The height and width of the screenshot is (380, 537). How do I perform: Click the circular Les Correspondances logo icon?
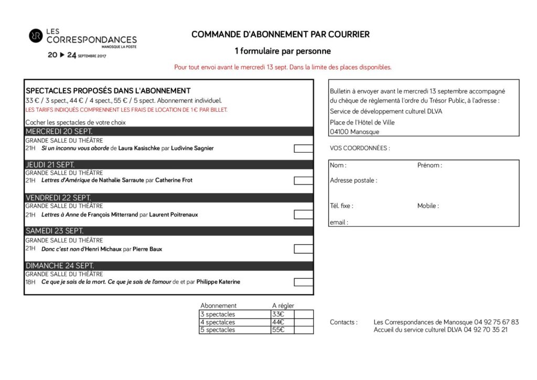[x=36, y=36]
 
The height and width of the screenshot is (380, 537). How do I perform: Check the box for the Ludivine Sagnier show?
[x=303, y=149]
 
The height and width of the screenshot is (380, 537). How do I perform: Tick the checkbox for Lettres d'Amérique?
[x=303, y=181]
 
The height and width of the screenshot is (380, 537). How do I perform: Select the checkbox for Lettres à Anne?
[x=303, y=215]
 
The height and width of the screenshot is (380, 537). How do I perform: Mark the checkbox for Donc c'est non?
[x=303, y=249]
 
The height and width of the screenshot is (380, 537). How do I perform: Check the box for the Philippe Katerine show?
[x=303, y=282]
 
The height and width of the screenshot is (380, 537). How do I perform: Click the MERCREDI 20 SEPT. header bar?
[x=168, y=131]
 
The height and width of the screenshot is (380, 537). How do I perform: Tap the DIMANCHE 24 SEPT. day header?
[x=168, y=266]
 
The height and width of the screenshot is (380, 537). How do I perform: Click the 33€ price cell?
[x=278, y=314]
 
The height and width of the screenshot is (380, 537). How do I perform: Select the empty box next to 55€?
[x=304, y=330]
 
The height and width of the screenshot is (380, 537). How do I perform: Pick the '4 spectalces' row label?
[x=218, y=322]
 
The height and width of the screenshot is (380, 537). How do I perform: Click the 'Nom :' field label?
[x=338, y=165]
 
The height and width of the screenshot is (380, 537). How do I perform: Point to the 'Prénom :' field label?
[x=429, y=165]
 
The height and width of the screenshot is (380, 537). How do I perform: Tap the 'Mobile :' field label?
[x=428, y=206]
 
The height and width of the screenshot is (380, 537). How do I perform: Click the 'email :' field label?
[x=339, y=223]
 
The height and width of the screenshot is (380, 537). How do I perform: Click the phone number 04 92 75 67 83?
[x=496, y=322]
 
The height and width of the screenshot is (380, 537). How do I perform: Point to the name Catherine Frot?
[x=174, y=181]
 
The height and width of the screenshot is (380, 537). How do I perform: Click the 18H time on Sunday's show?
[x=30, y=282]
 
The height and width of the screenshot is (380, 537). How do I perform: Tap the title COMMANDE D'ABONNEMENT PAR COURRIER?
[x=281, y=35]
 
